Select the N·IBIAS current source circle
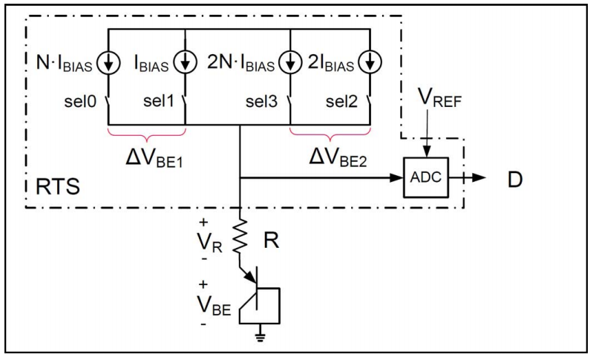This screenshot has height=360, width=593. [109, 63]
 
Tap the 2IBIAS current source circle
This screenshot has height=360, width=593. [367, 63]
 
